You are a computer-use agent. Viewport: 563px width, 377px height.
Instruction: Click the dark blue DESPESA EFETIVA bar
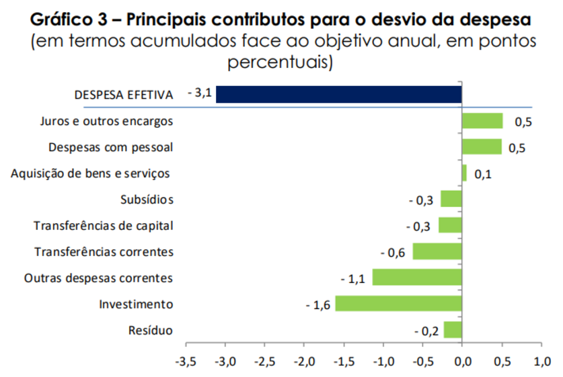coord(338,94)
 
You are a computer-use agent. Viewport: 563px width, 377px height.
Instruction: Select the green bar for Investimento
coord(398,304)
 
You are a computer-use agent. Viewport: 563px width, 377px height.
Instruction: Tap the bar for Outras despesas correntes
coord(417,278)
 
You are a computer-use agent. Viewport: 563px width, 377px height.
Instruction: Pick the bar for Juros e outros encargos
coord(482,121)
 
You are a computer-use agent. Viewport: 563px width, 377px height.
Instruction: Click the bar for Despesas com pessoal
coord(482,147)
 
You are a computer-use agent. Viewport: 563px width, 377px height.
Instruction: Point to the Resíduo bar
coord(453,330)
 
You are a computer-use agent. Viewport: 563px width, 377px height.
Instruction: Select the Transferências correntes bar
coord(437,251)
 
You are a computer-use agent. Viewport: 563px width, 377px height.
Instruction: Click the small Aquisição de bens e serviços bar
coord(464,173)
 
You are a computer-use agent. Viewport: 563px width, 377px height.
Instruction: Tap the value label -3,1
coord(200,93)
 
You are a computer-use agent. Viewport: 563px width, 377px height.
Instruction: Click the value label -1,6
coord(317,305)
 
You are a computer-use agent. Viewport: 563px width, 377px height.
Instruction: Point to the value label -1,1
coord(353,279)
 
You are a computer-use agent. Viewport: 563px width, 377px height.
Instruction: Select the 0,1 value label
coord(482,174)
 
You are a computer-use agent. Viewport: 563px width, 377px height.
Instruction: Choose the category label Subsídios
coord(147,200)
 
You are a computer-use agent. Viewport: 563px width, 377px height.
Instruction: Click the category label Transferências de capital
coord(104,226)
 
